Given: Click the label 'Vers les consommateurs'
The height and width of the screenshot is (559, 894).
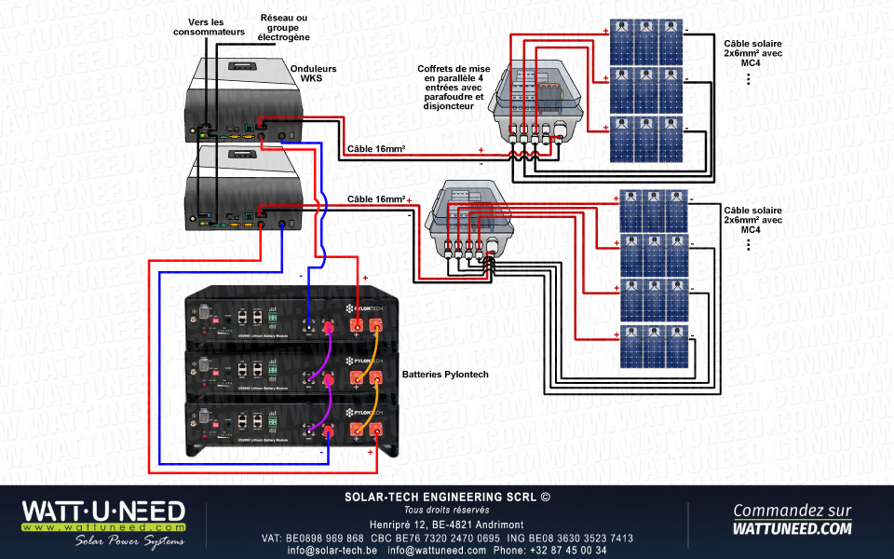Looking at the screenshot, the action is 210,27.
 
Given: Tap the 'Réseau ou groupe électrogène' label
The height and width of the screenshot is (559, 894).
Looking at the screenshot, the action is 283,27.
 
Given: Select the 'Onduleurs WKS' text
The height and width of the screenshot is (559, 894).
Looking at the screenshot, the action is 313,74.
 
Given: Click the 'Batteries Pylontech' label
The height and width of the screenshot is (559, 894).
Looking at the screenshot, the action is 445,375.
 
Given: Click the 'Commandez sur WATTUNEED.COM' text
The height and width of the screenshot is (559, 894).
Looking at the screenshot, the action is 792,519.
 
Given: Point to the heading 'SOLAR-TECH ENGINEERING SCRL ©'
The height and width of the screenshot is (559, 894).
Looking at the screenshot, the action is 447,498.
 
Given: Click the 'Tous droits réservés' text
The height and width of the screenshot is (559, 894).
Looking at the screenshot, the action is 447,510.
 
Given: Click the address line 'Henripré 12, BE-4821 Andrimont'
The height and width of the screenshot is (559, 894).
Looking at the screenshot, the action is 447,525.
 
